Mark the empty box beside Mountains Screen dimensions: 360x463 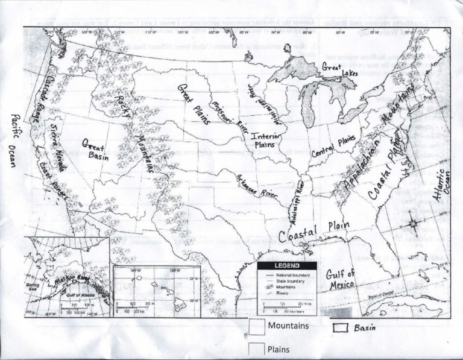click(256, 326)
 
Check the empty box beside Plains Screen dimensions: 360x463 click(256, 349)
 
